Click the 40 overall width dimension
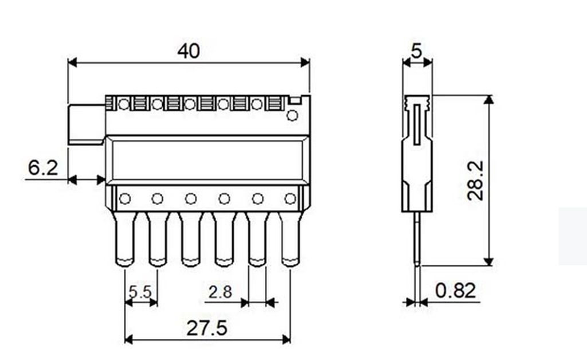(x=189, y=51)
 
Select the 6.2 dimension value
(x=43, y=167)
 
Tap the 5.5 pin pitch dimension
(x=140, y=292)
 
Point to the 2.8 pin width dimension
(x=220, y=292)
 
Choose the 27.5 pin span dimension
(x=206, y=328)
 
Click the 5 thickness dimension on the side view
(x=417, y=50)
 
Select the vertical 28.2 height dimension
(x=476, y=181)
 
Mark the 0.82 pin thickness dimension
(x=456, y=291)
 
